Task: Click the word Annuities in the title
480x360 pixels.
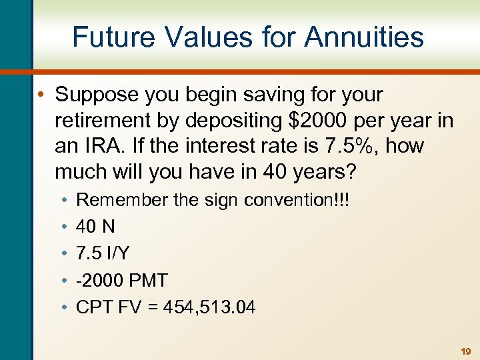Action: click(364, 37)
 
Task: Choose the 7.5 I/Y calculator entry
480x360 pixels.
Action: click(102, 253)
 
